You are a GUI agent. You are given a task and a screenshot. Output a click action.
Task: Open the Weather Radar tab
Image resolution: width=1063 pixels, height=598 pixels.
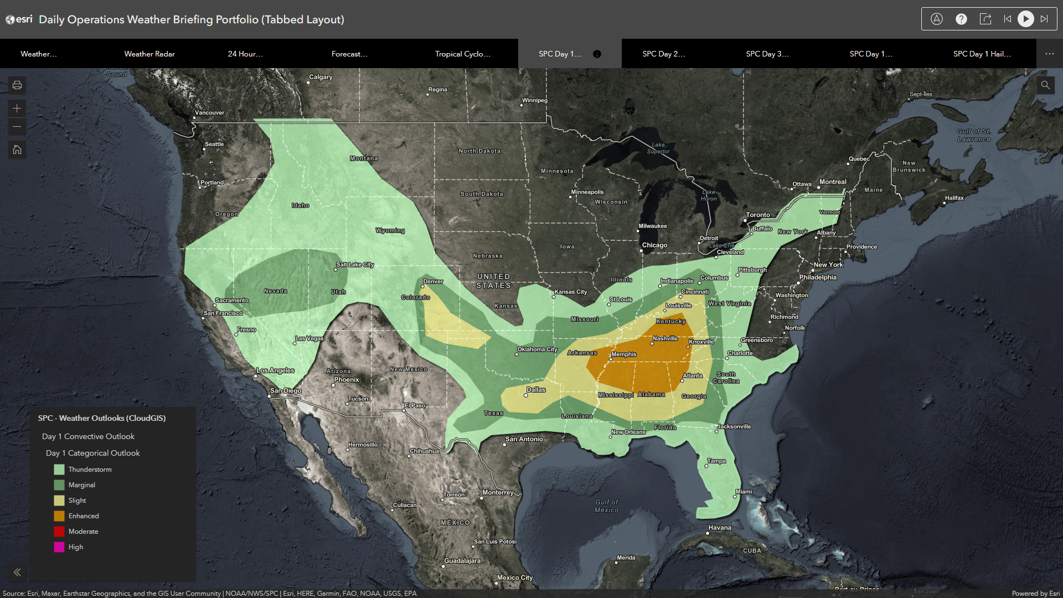click(x=149, y=54)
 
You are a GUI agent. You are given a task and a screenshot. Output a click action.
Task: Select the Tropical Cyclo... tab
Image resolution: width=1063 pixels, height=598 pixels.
click(x=462, y=54)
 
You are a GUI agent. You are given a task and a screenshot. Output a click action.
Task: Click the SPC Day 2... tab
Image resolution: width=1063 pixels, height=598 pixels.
click(x=663, y=54)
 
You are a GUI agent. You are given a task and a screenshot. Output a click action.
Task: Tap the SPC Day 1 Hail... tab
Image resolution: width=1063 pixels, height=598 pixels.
click(x=982, y=54)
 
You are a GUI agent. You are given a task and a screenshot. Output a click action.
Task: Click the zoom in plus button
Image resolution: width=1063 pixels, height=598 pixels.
click(x=17, y=109)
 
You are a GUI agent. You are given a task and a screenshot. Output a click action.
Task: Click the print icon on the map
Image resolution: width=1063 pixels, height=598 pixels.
click(x=17, y=85)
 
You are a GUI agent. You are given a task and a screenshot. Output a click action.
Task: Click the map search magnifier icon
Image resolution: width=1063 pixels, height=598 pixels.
click(x=1045, y=85)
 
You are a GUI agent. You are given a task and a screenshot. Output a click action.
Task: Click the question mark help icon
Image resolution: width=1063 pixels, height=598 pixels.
click(x=961, y=19)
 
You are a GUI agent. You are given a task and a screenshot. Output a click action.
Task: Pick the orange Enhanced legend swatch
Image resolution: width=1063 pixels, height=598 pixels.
click(x=59, y=516)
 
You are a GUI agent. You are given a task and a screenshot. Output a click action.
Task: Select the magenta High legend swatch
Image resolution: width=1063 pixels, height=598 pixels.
click(x=59, y=547)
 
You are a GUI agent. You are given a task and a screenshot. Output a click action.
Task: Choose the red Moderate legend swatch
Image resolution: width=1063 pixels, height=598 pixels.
click(x=59, y=532)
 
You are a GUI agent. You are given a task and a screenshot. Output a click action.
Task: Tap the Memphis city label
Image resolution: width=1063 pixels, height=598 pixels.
click(x=623, y=354)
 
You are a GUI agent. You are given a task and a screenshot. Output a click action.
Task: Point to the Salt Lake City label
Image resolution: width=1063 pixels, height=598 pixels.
click(x=355, y=265)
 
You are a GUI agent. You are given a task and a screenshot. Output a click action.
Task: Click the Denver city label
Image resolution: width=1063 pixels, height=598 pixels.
click(x=433, y=281)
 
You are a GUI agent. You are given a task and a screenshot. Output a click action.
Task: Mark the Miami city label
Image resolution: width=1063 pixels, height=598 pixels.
click(x=744, y=492)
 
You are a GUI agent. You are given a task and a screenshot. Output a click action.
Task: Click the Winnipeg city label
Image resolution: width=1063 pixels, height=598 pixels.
click(x=534, y=100)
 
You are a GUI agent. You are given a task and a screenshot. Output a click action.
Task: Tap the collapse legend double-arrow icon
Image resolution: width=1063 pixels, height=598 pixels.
click(x=17, y=573)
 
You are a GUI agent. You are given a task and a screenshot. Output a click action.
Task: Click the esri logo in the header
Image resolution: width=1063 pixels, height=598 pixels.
click(x=19, y=19)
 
